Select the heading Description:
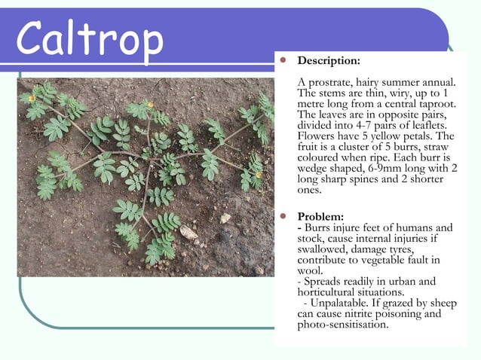click(x=329, y=59)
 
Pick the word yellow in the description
click(x=392, y=136)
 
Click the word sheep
click(x=441, y=304)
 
